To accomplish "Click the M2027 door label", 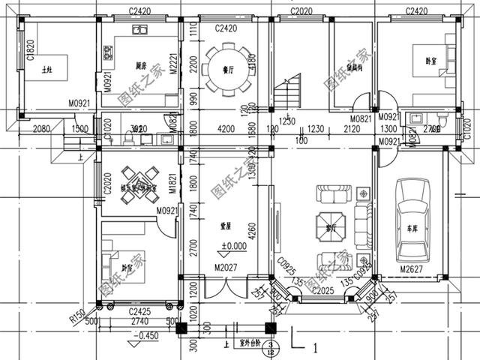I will (225, 268).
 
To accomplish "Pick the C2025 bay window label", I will (323, 289).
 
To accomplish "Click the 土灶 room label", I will (47, 69).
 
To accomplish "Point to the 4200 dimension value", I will (226, 128).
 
